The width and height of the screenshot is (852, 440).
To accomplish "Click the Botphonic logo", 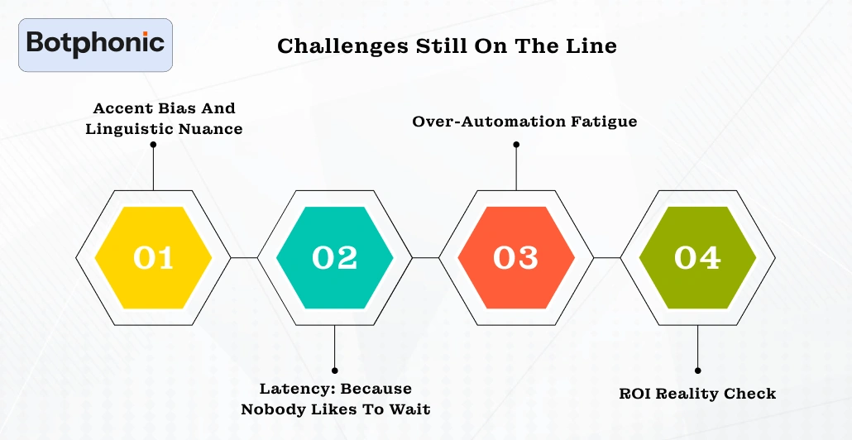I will pos(95,44).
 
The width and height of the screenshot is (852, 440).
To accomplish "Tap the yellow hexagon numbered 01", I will pos(153,258).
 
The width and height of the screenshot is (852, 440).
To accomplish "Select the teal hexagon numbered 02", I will pos(334,258).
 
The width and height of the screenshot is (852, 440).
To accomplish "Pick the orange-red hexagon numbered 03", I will pos(515,258).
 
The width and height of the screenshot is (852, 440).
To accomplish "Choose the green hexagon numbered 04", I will pos(697,258).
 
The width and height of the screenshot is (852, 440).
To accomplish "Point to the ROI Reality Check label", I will pos(697,393).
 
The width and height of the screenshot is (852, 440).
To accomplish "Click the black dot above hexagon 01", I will pos(153,144).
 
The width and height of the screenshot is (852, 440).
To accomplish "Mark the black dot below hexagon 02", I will pos(334,370).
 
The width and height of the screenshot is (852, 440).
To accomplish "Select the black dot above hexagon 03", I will pos(516,144).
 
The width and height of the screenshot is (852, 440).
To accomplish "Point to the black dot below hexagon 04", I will pos(697,371).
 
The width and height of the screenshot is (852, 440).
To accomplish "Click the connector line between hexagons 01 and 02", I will pos(244,258).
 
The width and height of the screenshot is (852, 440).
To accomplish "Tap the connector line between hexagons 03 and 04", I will pos(607,258).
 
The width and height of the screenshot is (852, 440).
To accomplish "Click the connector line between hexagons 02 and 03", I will pos(425,258).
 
